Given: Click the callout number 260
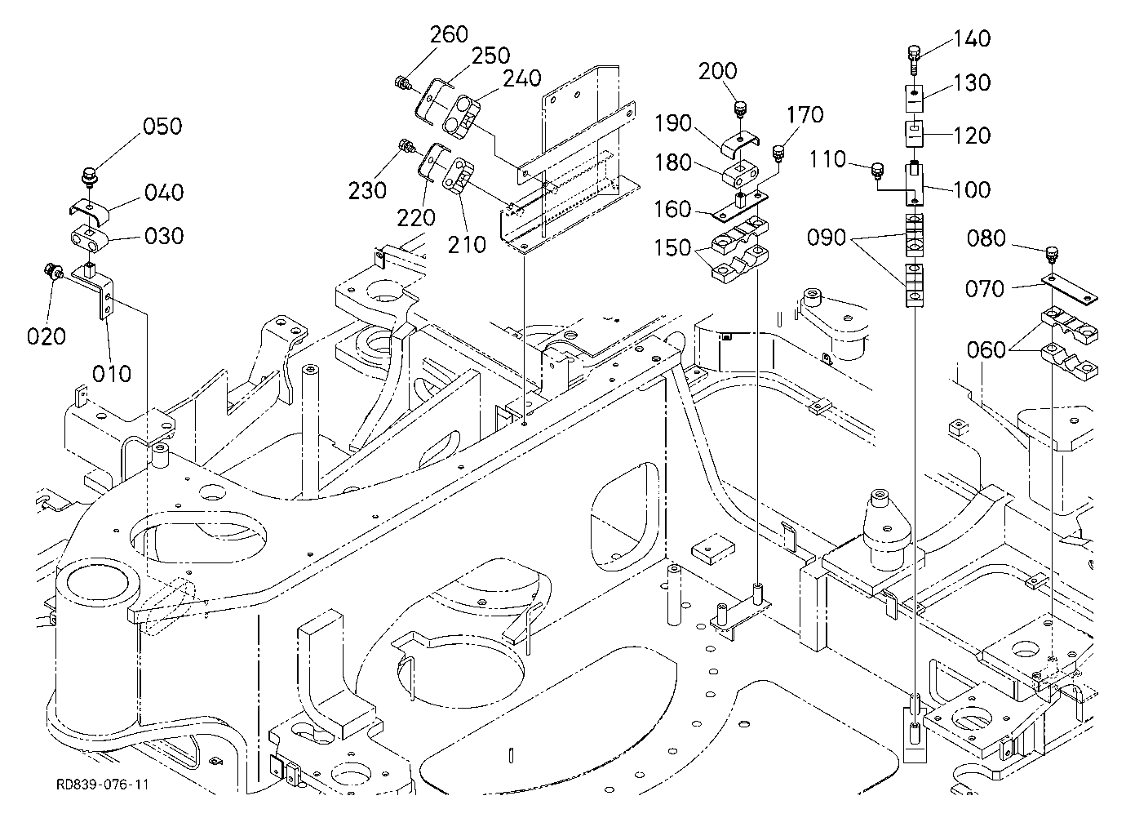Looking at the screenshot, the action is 449,34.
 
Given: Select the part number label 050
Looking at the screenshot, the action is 162,127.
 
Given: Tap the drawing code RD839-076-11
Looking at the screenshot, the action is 103,785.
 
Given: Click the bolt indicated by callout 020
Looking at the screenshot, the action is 52,272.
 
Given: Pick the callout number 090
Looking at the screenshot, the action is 826,238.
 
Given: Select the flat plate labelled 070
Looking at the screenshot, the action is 1069,290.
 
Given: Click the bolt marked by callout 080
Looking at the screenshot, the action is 1051,255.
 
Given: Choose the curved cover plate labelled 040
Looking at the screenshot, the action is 89,211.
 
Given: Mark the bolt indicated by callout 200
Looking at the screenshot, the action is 739,109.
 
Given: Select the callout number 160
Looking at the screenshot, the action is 672,209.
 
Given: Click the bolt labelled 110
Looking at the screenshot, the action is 878,171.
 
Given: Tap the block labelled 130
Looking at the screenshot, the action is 915,99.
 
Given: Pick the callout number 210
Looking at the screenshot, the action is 467,245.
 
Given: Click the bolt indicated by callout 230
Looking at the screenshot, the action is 406,146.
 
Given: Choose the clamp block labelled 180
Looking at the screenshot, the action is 741,172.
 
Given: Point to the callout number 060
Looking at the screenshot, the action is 986,349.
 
